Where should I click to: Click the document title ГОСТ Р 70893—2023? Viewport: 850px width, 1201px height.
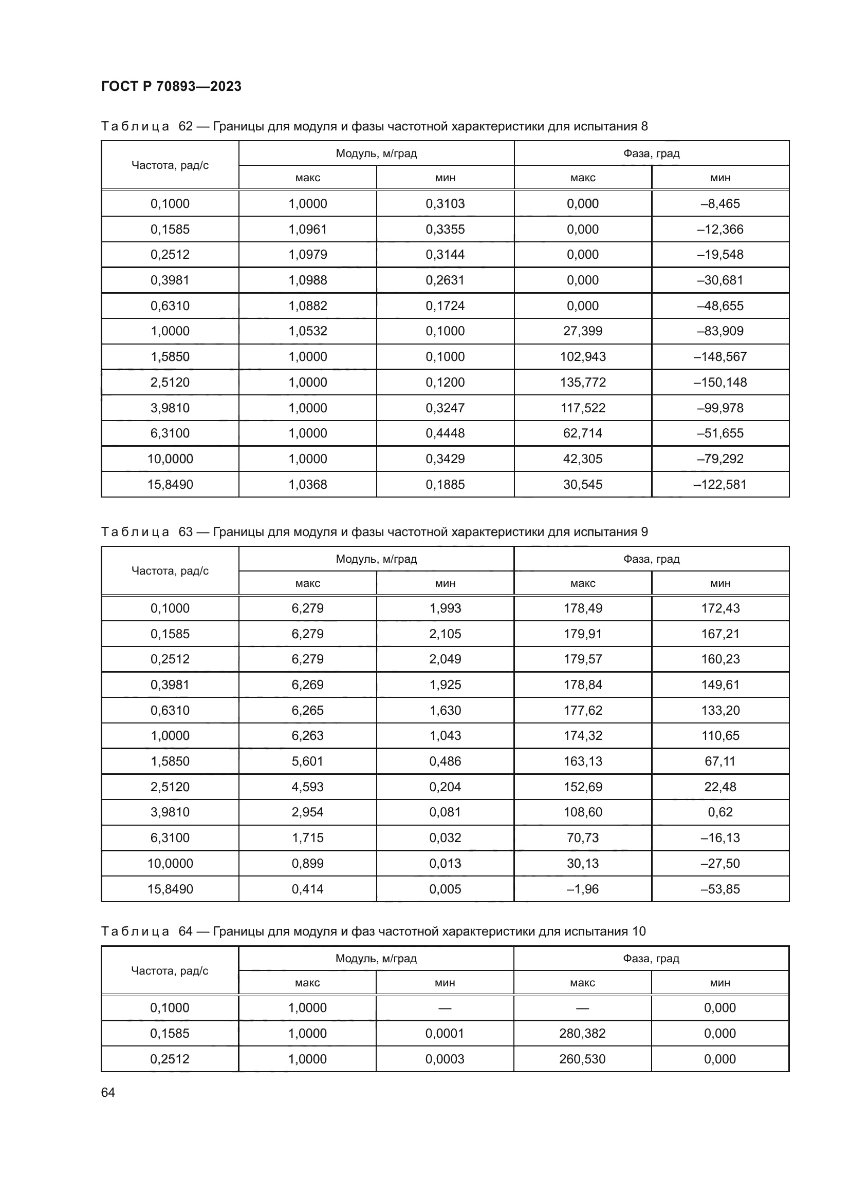(171, 86)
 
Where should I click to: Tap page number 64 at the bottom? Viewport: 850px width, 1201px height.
(108, 1092)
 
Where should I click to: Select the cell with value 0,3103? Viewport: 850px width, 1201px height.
(445, 203)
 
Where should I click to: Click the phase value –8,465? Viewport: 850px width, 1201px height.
(720, 203)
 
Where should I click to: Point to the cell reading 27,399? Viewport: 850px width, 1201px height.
(583, 331)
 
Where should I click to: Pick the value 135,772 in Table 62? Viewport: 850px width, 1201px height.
(583, 383)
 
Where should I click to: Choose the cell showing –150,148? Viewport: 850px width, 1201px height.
(720, 383)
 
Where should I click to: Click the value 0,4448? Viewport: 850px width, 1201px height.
(445, 433)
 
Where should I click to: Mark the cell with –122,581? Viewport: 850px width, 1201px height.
(720, 484)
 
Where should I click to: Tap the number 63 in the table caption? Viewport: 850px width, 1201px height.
(186, 532)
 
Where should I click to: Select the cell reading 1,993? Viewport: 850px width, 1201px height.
(445, 608)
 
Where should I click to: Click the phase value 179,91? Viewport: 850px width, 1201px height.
(583, 634)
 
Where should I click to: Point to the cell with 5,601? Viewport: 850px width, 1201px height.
(307, 761)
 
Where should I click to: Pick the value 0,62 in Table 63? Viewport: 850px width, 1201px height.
(720, 812)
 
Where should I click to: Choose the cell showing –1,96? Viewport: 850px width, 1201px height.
(583, 889)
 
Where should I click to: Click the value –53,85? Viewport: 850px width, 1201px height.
(720, 889)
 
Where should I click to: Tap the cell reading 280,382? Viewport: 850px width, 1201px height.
(583, 1033)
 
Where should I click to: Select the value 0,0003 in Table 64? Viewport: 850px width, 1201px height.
(445, 1059)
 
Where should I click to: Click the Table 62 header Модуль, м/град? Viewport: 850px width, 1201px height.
(376, 153)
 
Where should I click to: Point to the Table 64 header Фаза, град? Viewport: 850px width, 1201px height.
(651, 958)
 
